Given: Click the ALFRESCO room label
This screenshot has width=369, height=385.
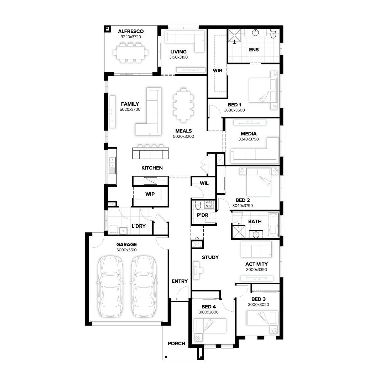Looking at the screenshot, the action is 131,31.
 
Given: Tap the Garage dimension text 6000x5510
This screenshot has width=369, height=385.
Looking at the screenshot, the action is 126,250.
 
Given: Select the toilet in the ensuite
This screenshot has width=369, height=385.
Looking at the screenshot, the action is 273,34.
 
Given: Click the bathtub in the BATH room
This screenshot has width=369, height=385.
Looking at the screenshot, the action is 273,225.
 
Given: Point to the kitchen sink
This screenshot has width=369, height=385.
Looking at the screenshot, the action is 112,165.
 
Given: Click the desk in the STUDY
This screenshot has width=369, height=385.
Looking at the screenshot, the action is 196,270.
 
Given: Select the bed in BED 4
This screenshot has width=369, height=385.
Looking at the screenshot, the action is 210,326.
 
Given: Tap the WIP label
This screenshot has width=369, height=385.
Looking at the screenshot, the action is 150,194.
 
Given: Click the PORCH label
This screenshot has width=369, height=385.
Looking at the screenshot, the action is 176,343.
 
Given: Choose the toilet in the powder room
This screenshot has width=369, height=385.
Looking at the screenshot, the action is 198,205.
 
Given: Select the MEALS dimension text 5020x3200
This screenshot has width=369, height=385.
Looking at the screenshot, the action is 183,136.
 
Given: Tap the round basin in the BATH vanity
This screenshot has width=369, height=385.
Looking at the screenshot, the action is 256,235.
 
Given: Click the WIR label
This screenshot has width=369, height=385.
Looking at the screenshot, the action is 217,70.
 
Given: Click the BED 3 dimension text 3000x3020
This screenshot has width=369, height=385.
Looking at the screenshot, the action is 258,305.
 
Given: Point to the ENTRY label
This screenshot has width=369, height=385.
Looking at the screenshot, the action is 180,281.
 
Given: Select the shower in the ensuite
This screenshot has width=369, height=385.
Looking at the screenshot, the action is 235,36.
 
